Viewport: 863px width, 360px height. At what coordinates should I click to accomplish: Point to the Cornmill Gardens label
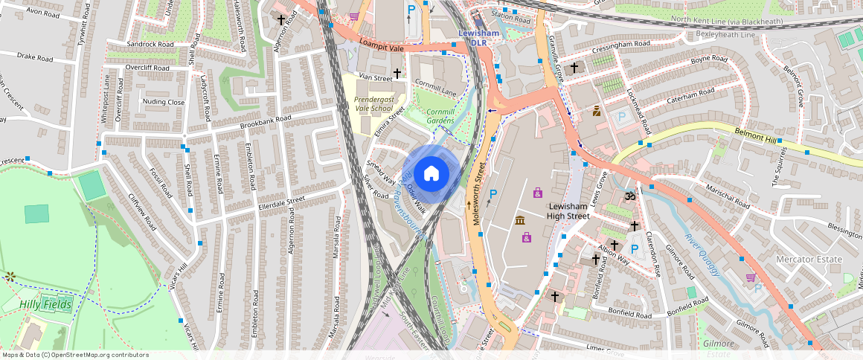pos(450,115)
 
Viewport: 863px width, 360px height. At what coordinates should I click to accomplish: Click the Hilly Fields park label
pos(46,305)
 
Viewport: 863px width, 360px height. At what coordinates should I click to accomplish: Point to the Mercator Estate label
pos(809,260)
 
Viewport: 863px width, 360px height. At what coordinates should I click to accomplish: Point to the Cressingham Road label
pos(621,44)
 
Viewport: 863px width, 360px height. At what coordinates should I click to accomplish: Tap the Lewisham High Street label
pos(568,211)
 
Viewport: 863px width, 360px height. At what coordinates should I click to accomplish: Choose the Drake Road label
pos(35,57)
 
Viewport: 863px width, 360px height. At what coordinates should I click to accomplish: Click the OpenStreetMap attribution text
pos(65,355)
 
